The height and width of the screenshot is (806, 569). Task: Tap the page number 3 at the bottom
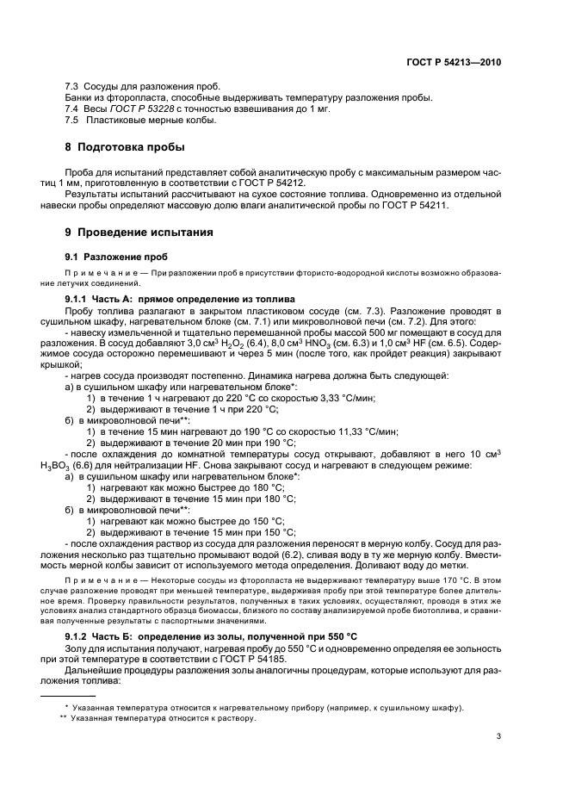[498, 736]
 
